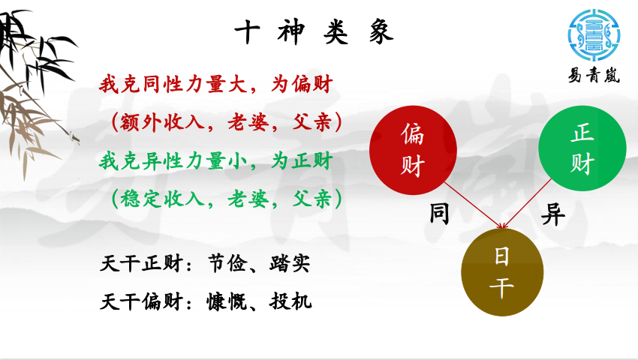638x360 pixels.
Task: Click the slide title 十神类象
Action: [x=314, y=32]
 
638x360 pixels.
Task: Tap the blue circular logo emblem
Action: [x=594, y=35]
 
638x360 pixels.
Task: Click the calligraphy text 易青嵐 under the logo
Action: [x=594, y=76]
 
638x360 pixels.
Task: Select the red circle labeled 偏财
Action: [x=413, y=150]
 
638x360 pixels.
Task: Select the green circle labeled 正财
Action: [x=582, y=148]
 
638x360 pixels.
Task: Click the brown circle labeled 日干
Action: [x=502, y=271]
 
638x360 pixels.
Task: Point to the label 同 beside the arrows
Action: [x=439, y=214]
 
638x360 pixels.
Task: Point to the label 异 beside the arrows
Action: [x=553, y=214]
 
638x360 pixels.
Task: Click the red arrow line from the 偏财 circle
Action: [x=474, y=205]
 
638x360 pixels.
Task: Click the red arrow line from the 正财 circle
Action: [x=526, y=203]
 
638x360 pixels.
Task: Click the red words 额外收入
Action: [x=162, y=122]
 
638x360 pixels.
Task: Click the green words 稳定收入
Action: [x=162, y=199]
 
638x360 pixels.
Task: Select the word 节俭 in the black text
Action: [x=227, y=263]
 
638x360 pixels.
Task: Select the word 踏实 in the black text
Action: [x=290, y=263]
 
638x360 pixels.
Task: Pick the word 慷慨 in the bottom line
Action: [x=227, y=301]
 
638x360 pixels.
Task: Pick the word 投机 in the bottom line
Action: [x=290, y=301]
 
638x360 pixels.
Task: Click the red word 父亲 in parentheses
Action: [x=312, y=122]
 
